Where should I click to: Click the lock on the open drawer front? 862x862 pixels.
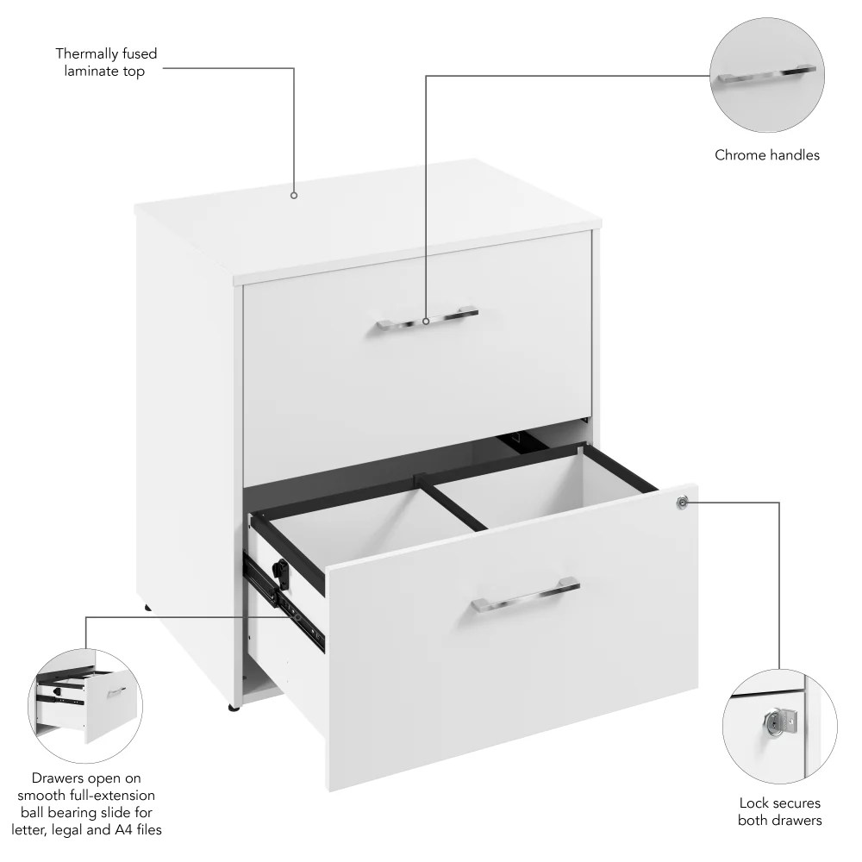click(683, 502)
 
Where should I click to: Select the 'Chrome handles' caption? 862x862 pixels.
click(766, 156)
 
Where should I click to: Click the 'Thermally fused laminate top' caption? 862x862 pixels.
click(106, 63)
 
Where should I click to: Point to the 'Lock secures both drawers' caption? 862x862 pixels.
click(779, 811)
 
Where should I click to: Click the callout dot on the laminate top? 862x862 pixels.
click(294, 196)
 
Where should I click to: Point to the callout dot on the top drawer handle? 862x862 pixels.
click(426, 322)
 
